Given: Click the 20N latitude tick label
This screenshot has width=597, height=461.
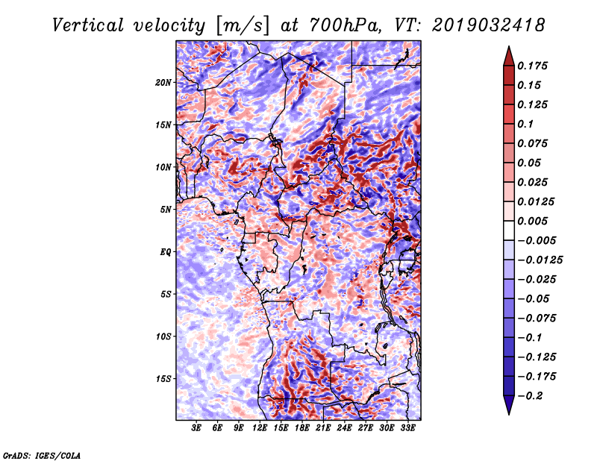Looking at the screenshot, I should [x=163, y=82].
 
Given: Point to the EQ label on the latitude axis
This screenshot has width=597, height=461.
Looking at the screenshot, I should [x=166, y=251].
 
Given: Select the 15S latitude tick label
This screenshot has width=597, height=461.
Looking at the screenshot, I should [x=163, y=378].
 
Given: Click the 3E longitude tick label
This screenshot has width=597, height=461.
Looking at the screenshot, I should [x=196, y=428].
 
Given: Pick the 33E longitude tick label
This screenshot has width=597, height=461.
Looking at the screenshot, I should [x=407, y=428].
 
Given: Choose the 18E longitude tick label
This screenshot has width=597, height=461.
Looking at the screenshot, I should [x=302, y=428].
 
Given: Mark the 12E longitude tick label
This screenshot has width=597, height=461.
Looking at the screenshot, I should [x=260, y=428].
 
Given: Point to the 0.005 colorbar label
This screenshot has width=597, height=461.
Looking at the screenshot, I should [x=534, y=221].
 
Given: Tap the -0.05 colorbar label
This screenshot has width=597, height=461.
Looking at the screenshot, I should [x=535, y=298].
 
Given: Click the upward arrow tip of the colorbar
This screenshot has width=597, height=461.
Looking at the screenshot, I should [x=508, y=49].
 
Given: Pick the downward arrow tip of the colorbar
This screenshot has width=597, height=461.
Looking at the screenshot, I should [x=508, y=413].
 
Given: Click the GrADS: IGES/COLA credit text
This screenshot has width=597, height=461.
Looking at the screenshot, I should [x=41, y=454].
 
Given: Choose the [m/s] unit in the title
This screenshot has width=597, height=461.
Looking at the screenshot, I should [x=238, y=25].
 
